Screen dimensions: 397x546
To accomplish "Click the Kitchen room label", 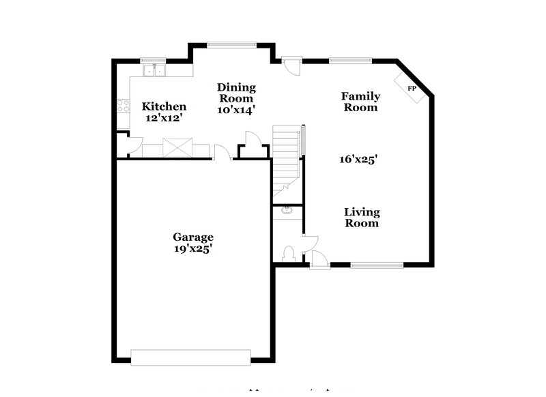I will tap(164, 106).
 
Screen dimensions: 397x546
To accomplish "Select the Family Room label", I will tap(360, 102).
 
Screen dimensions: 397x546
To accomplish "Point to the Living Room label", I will tap(362, 217).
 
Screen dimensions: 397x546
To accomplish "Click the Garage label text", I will tap(192, 237).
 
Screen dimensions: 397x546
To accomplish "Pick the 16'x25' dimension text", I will tap(358, 160).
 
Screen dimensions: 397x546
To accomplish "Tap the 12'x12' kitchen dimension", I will tap(164, 117).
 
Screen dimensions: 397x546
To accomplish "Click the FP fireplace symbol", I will tap(412, 89).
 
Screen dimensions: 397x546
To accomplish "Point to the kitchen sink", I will tap(155, 70).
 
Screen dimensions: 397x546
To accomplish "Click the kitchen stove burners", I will tap(124, 106).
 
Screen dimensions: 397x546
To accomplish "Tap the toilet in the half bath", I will tap(288, 253).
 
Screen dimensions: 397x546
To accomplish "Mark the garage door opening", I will tap(192, 357).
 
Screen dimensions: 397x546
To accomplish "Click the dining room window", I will tap(232, 46).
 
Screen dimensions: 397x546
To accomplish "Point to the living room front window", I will tap(376, 264).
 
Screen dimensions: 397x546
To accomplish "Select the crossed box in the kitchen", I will tap(178, 147).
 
